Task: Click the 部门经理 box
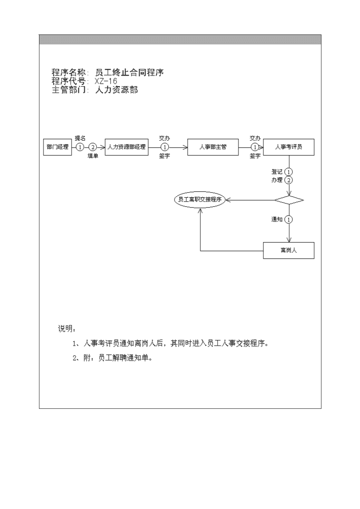pos(58,147)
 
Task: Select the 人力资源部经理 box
pos(126,147)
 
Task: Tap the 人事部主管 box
pos(213,147)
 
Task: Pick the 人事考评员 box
pos(288,147)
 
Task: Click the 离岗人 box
pos(288,251)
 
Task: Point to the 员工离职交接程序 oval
pos(199,199)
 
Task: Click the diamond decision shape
pos(289,200)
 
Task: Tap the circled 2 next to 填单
pos(93,147)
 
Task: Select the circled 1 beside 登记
pos(288,172)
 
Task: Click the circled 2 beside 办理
pos(288,180)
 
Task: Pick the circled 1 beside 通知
pos(288,219)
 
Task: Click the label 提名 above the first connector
pos(80,138)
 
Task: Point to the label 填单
pos(93,156)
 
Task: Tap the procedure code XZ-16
pos(106,81)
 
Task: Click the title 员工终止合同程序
pos(130,73)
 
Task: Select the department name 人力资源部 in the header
pos(117,90)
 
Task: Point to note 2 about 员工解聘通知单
pos(112,358)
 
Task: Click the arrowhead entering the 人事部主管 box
pos(185,147)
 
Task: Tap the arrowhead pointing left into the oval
pos(228,200)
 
